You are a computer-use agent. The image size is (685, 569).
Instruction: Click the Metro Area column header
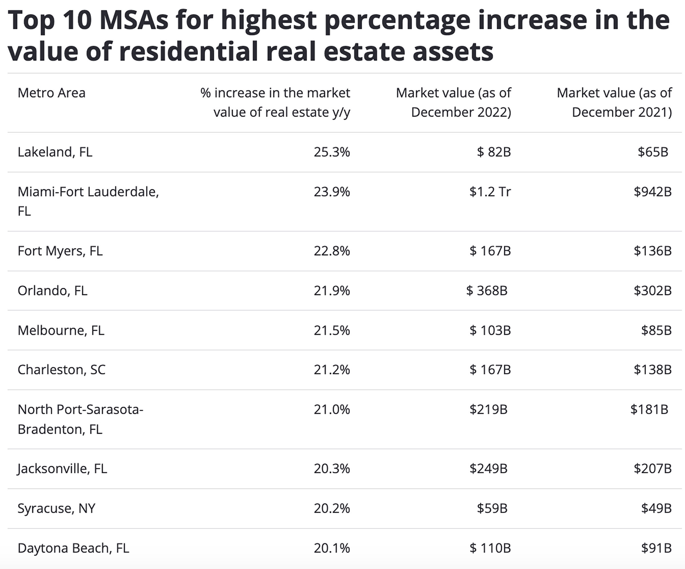52,93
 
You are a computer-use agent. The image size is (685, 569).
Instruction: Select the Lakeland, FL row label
55,152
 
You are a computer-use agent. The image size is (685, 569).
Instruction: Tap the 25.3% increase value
332,152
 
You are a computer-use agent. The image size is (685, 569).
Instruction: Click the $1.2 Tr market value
490,192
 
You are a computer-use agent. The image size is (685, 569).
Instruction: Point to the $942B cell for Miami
652,192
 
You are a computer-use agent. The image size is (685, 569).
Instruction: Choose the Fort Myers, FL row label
60,251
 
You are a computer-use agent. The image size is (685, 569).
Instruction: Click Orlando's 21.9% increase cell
332,291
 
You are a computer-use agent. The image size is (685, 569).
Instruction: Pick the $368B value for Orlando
487,291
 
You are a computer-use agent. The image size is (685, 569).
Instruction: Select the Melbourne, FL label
61,331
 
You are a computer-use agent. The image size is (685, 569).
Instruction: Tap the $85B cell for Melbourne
656,331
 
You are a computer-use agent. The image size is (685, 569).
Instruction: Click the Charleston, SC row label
61,370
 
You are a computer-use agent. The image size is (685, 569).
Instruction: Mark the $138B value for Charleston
652,370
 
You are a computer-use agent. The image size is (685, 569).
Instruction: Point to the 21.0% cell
332,409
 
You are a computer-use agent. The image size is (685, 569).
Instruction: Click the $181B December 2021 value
649,409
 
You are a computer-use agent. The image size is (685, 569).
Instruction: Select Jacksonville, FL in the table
62,469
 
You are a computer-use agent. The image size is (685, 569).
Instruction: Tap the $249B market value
488,469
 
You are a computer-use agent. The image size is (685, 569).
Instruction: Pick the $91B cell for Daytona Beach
656,548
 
